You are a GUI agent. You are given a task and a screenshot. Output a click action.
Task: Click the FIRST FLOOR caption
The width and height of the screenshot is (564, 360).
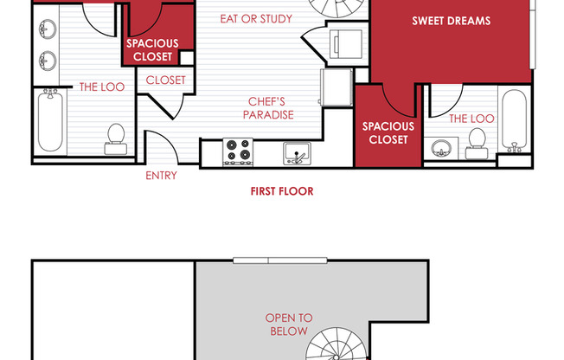pyautogui.click(x=282, y=191)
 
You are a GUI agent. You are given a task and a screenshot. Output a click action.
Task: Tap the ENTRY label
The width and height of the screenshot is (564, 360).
pyautogui.click(x=161, y=176)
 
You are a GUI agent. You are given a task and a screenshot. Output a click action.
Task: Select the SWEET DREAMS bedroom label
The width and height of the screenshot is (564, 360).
pyautogui.click(x=451, y=21)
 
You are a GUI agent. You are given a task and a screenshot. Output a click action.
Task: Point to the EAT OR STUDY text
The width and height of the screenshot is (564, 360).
pyautogui.click(x=256, y=19)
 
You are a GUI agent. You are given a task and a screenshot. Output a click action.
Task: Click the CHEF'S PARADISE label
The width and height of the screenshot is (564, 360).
pyautogui.click(x=268, y=108)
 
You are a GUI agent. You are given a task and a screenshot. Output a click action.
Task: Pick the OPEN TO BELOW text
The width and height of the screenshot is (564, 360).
pyautogui.click(x=289, y=325)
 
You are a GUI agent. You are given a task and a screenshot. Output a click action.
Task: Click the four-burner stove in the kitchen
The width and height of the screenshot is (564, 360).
pyautogui.click(x=238, y=152)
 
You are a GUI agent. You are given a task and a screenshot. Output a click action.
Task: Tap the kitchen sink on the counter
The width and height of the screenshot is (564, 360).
pyautogui.click(x=297, y=154)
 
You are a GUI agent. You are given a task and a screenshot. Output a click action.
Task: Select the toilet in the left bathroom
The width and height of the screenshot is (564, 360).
pyautogui.click(x=116, y=139)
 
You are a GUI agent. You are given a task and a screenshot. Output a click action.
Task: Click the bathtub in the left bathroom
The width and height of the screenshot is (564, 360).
pyautogui.click(x=50, y=120)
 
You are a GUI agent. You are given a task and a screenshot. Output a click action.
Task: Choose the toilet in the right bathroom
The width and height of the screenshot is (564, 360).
pyautogui.click(x=477, y=144)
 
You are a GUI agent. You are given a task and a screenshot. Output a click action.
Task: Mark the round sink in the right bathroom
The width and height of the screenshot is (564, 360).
pyautogui.click(x=441, y=148)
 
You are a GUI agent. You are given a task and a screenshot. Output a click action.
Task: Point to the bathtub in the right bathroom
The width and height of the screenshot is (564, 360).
pyautogui.click(x=515, y=120)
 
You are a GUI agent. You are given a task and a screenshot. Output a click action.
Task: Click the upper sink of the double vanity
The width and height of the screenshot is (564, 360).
pyautogui.click(x=48, y=29)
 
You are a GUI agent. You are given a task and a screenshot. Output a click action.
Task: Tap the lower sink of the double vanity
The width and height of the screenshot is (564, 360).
pyautogui.click(x=48, y=61)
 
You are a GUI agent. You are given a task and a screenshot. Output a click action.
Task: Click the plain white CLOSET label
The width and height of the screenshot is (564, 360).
pyautogui.click(x=165, y=80)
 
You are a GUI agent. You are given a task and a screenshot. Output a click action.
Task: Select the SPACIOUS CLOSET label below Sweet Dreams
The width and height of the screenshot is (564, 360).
pyautogui.click(x=388, y=133)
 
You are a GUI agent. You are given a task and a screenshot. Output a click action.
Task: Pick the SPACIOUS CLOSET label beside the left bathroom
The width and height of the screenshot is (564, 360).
pyautogui.click(x=152, y=50)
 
